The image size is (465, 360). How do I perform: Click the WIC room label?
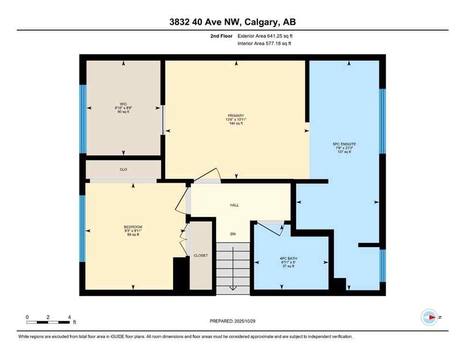click(124, 104)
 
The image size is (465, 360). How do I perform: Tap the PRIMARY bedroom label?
click(236, 115)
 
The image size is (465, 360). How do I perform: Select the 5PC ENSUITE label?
click(345, 144)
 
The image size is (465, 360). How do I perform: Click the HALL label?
click(235, 205)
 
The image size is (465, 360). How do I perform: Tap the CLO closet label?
click(123, 169)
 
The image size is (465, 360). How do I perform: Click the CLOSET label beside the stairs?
click(200, 255)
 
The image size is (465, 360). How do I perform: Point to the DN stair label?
click(233, 234)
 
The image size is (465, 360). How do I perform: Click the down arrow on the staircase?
click(233, 287)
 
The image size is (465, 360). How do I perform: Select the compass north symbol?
click(429, 317)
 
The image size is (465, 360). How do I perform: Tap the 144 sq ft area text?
click(236, 124)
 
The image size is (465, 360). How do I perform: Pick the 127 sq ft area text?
click(345, 152)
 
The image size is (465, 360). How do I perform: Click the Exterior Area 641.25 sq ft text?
click(266, 36)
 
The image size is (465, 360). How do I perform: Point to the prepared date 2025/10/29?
click(232, 321)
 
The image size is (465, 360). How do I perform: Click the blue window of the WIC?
click(83, 119)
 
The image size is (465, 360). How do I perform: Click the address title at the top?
click(232, 22)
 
